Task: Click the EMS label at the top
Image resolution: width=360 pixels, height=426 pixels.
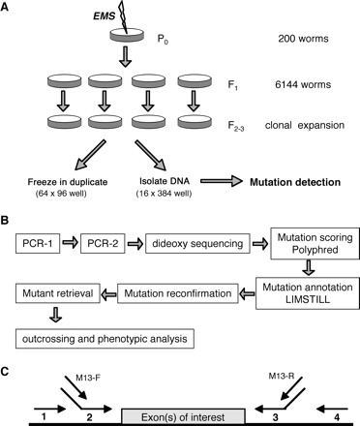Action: pyautogui.click(x=105, y=14)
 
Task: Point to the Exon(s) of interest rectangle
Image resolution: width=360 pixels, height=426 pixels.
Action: pyautogui.click(x=179, y=410)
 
